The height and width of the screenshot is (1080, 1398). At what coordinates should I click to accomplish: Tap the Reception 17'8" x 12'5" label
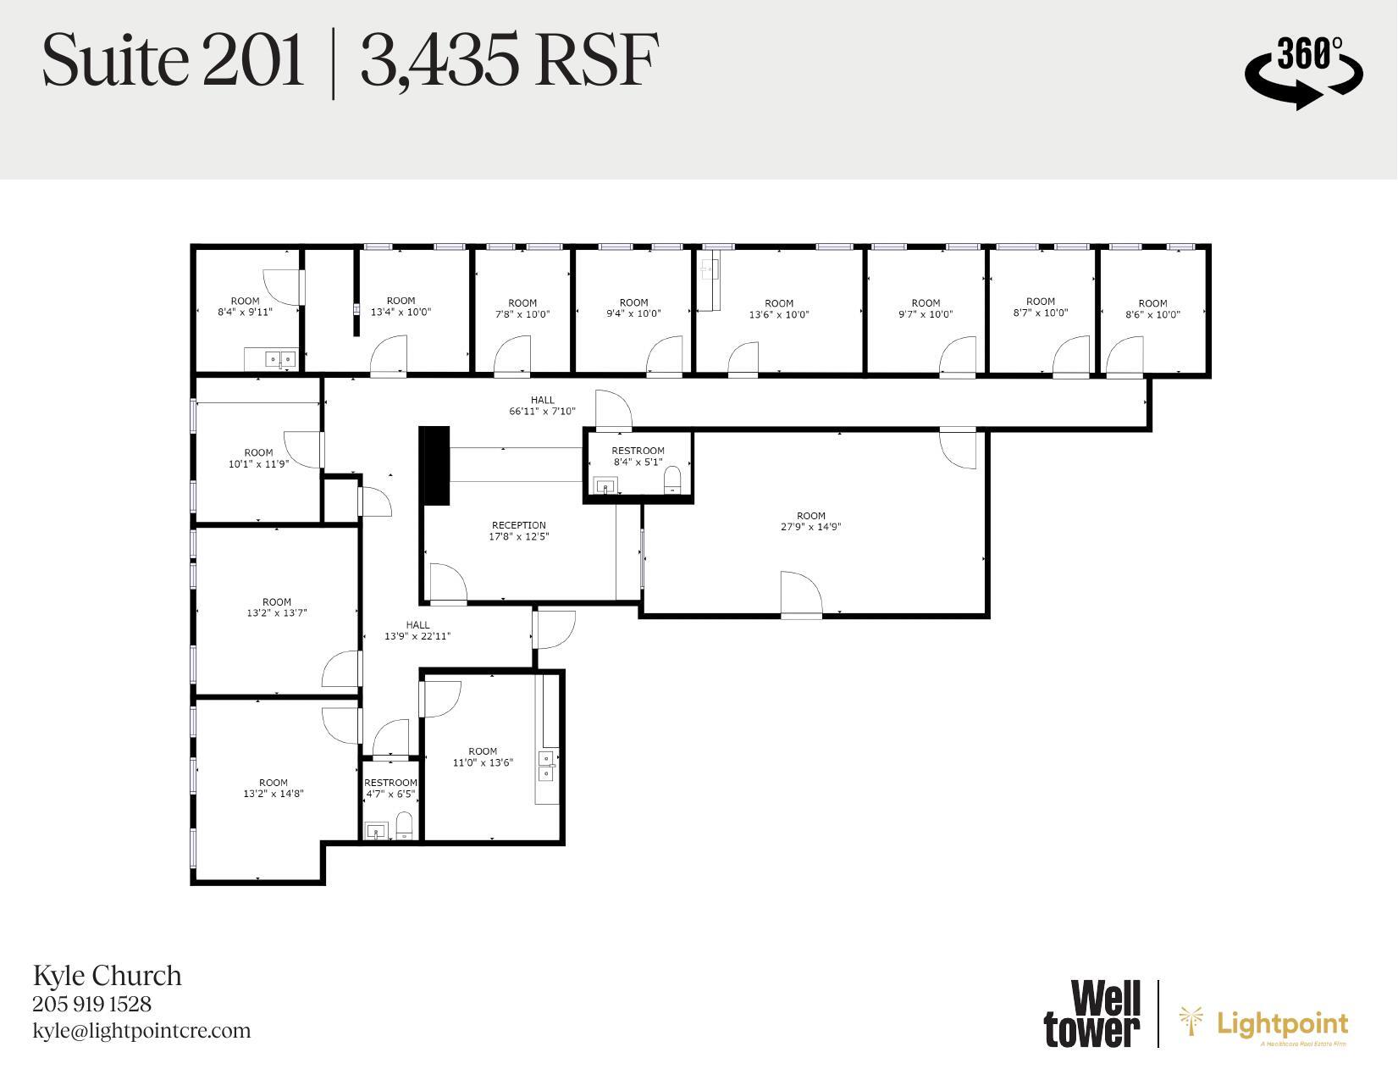pos(518,531)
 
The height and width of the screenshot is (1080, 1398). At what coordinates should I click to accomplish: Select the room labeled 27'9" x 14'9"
pos(810,521)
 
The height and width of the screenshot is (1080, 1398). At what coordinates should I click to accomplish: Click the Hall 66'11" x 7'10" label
pos(542,406)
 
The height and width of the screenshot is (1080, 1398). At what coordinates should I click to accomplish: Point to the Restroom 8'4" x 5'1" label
pos(638,457)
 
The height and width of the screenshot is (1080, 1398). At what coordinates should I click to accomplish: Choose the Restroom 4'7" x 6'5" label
pos(390,788)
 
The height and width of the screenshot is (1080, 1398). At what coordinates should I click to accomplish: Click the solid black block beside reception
pos(434,466)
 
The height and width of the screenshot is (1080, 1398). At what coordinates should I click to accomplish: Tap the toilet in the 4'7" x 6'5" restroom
pos(405,825)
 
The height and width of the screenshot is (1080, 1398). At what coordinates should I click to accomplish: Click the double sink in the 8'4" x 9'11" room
pos(280,359)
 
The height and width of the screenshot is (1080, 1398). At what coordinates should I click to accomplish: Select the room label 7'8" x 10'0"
pos(522,308)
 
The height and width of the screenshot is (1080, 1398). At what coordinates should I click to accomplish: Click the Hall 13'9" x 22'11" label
pos(417,630)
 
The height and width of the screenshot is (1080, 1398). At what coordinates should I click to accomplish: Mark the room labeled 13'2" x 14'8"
pos(273,788)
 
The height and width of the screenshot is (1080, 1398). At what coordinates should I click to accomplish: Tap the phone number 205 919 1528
pos(92,1004)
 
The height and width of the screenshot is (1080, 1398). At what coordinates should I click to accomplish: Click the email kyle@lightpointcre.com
pos(141,1031)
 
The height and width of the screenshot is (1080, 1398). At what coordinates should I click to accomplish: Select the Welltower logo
pos(1092,1013)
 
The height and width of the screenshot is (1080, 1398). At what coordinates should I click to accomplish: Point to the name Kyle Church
pos(108,975)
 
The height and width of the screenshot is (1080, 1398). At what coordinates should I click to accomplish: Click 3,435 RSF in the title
pos(508,62)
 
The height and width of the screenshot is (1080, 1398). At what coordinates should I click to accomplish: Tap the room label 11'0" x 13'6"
pos(483,756)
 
